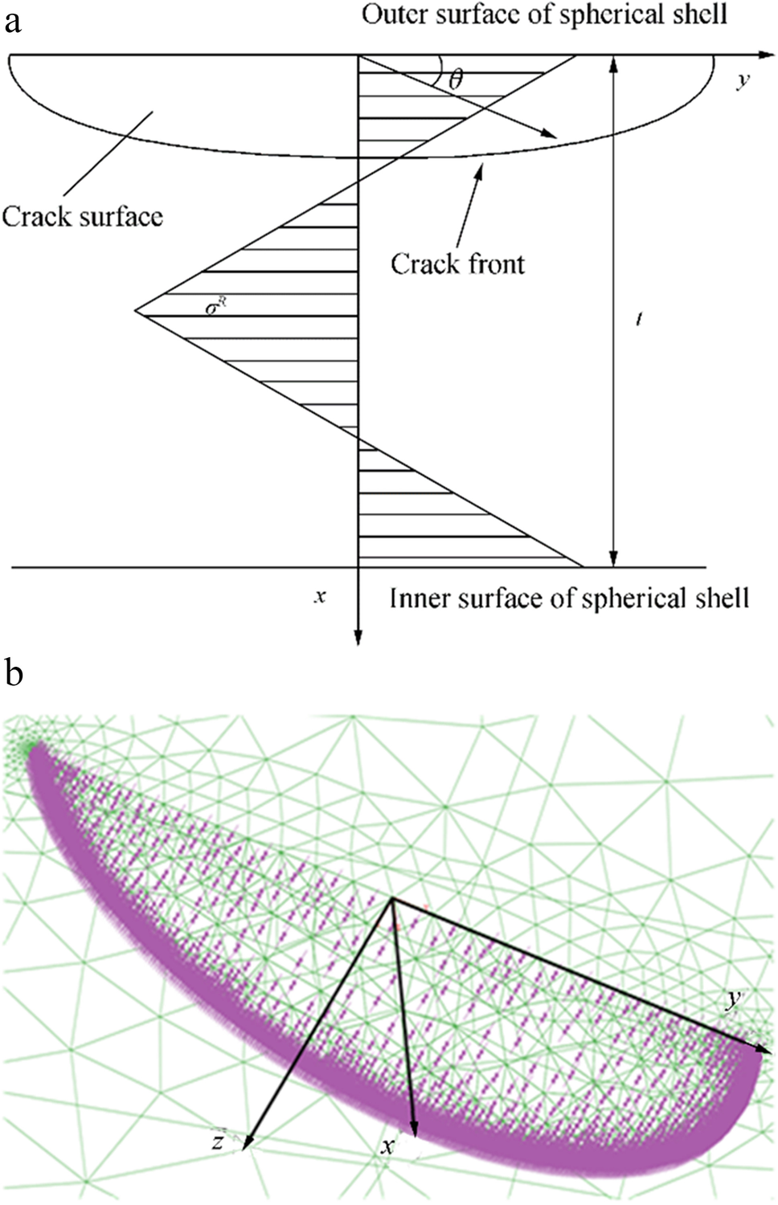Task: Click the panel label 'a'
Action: (x=12, y=22)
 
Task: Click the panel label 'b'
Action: (x=13, y=672)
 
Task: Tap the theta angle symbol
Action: (x=456, y=79)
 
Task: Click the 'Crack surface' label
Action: (x=82, y=217)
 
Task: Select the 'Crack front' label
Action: (x=457, y=264)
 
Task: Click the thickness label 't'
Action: (x=639, y=320)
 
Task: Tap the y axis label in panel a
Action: (x=743, y=80)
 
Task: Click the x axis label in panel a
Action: (x=320, y=596)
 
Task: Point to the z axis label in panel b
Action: (x=218, y=1141)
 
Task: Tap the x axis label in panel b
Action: (x=388, y=1146)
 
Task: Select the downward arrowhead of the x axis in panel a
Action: (x=358, y=639)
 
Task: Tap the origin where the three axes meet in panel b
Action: (x=392, y=899)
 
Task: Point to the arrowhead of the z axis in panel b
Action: (x=246, y=1144)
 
